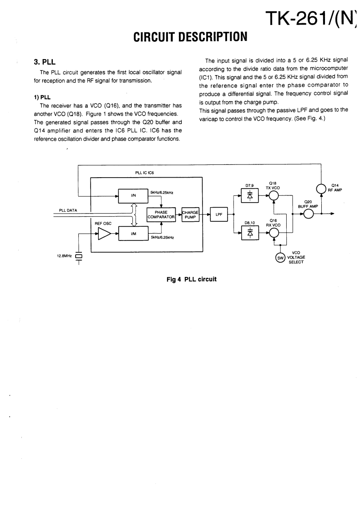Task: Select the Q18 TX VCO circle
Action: pos(273,195)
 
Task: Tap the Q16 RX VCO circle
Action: pos(273,232)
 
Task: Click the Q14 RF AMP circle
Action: pos(321,188)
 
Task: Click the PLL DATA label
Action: pos(69,210)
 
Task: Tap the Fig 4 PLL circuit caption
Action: pos(191,279)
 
